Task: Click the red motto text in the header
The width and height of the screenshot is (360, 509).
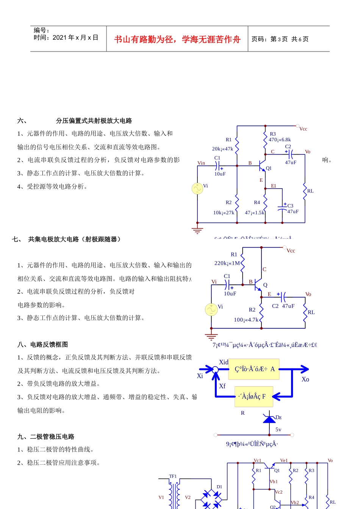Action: point(177,39)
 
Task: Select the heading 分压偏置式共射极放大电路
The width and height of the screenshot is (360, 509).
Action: point(94,121)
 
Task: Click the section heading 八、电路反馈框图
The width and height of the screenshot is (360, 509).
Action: point(43,345)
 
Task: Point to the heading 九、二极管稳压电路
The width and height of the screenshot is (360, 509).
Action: point(46,437)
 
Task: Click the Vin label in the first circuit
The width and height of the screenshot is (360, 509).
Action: point(201,163)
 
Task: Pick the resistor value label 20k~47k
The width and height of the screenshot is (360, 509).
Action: point(222,149)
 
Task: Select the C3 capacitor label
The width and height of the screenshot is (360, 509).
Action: point(290,206)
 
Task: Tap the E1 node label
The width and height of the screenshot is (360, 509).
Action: point(274,186)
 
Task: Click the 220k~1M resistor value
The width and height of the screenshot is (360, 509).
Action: point(227,263)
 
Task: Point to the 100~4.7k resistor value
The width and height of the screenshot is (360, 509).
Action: point(246,320)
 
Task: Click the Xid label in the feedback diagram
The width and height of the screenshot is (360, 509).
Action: point(224,362)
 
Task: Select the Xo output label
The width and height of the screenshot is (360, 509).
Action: point(305,379)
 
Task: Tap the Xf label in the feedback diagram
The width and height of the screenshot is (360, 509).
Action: point(222,386)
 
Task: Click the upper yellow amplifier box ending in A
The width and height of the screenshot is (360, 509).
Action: point(254,369)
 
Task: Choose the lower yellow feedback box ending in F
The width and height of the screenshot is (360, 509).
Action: point(254,397)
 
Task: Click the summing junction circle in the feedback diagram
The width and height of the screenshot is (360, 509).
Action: point(215,369)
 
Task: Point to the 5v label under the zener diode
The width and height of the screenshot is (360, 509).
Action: point(278,429)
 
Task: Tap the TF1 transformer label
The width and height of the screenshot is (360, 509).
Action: point(173,476)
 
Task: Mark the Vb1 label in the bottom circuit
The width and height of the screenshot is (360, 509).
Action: point(274,482)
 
